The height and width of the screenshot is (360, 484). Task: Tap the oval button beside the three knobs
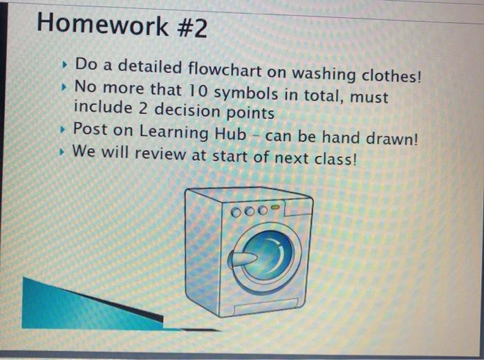pos(276,206)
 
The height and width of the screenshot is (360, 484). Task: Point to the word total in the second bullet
pos(324,95)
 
